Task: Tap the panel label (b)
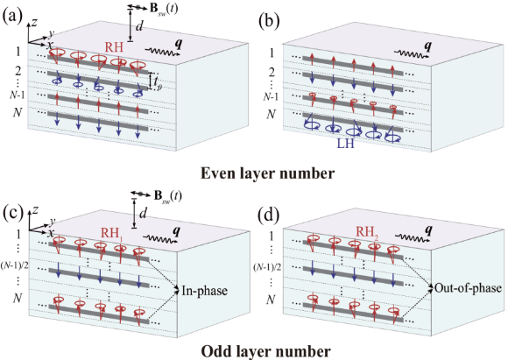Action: (269, 22)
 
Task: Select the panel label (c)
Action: (13, 213)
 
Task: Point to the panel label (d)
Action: (269, 216)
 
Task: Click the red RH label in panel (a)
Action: (114, 47)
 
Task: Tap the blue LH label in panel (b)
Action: (346, 144)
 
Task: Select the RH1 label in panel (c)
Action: (112, 234)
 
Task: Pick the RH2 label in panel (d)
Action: (367, 232)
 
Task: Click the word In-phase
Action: (204, 290)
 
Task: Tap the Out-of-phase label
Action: (468, 288)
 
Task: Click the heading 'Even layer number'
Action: (268, 173)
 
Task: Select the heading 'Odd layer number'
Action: (266, 351)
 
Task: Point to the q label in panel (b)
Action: (427, 47)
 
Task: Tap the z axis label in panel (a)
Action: (35, 22)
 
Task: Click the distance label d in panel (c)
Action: (143, 214)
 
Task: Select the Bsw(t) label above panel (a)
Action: (164, 9)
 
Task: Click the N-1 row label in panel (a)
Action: (17, 95)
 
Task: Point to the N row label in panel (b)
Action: (272, 114)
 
